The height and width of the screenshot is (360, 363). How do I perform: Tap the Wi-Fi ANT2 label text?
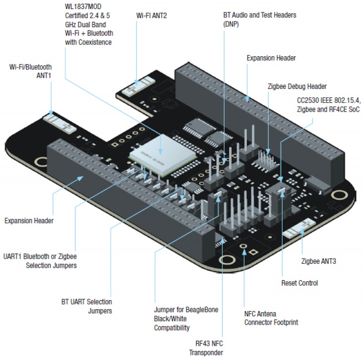pos(152,15)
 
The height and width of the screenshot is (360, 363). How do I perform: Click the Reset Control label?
pos(299,283)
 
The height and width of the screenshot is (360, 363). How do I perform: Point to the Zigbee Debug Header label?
pos(297,86)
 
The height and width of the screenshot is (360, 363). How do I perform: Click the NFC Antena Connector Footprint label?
pos(271,318)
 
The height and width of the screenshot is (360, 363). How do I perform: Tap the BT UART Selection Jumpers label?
pos(87,306)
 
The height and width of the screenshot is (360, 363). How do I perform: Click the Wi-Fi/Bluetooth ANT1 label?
pos(31,71)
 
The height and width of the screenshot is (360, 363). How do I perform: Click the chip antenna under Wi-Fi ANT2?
pos(141,86)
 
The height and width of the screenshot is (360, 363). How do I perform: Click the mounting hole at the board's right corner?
pos(338,194)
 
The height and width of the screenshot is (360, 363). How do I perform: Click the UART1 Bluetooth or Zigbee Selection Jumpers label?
pos(40,261)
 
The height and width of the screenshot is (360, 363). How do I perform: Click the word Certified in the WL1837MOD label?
pos(78,16)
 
